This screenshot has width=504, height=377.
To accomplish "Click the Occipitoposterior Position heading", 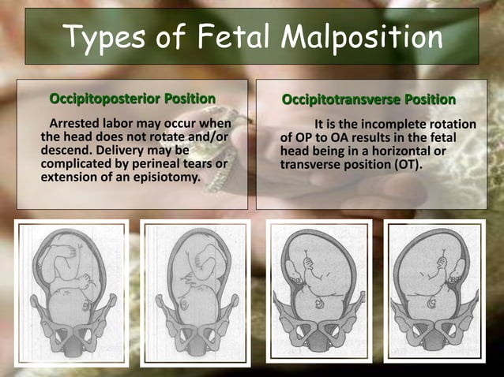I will (133, 99).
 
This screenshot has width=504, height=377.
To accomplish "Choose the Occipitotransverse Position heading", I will (369, 100).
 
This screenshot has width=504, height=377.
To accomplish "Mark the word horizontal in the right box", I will (412, 151).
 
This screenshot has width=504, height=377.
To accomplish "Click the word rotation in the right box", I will (451, 125).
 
